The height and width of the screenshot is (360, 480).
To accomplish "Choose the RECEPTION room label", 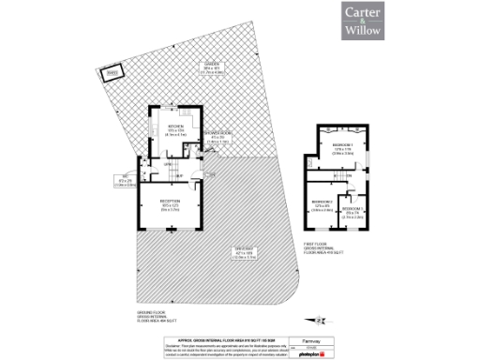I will click(x=170, y=206).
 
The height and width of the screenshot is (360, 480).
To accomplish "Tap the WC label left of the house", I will click(x=124, y=182).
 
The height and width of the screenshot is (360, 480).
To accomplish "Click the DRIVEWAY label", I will click(x=246, y=251).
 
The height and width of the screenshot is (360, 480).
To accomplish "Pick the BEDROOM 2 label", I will click(x=322, y=206).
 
